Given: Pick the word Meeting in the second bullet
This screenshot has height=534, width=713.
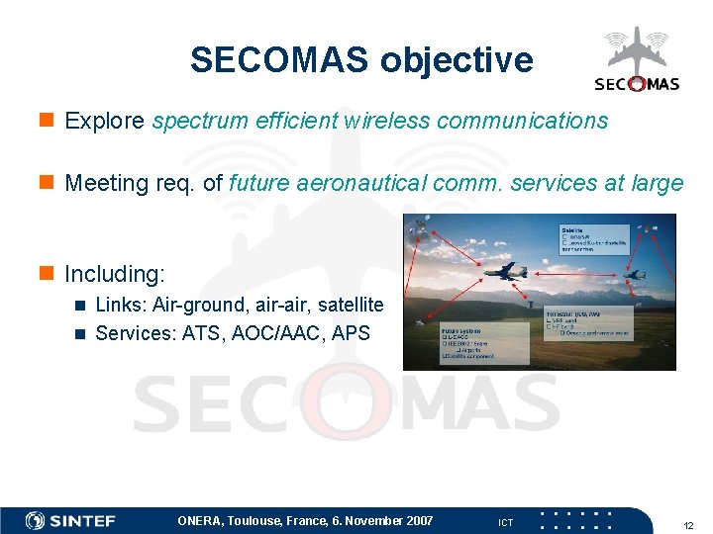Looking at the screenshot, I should coord(104,183).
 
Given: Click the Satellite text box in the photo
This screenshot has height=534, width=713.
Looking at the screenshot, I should coord(594,240).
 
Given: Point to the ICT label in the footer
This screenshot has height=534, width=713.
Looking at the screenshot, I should coord(505,522).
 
